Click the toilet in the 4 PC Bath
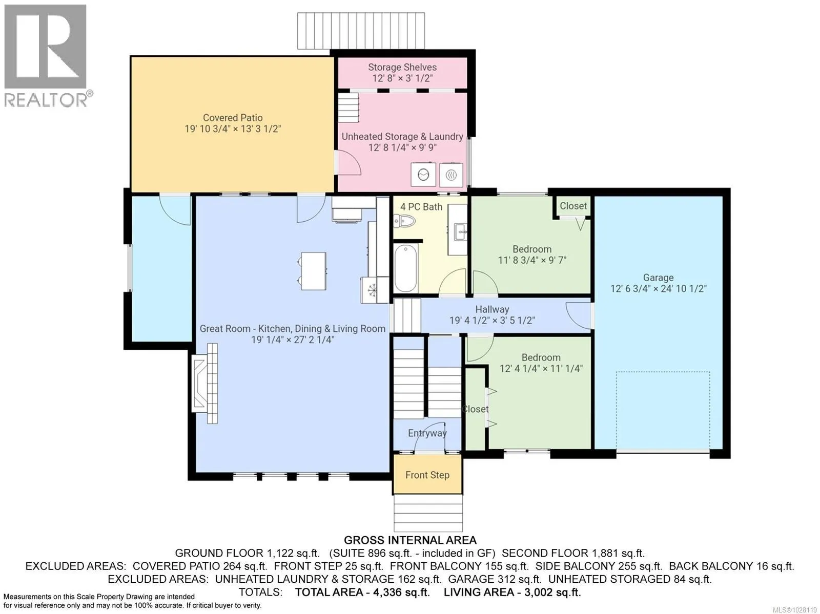pyautogui.click(x=404, y=221)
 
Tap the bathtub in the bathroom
pyautogui.click(x=406, y=267)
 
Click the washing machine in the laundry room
pyautogui.click(x=423, y=174)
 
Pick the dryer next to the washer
pyautogui.click(x=452, y=175)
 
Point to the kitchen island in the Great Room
pyautogui.click(x=313, y=271)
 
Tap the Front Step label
pyautogui.click(x=427, y=475)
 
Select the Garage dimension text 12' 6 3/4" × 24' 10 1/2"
pyautogui.click(x=658, y=288)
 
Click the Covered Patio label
pyautogui.click(x=233, y=118)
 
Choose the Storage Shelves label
pyautogui.click(x=402, y=67)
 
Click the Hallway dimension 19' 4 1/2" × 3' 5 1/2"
pyautogui.click(x=492, y=320)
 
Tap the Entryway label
pyautogui.click(x=427, y=433)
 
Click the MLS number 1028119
pyautogui.click(x=794, y=610)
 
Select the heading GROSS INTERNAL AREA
pyautogui.click(x=410, y=540)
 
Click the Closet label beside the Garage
pyautogui.click(x=573, y=206)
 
